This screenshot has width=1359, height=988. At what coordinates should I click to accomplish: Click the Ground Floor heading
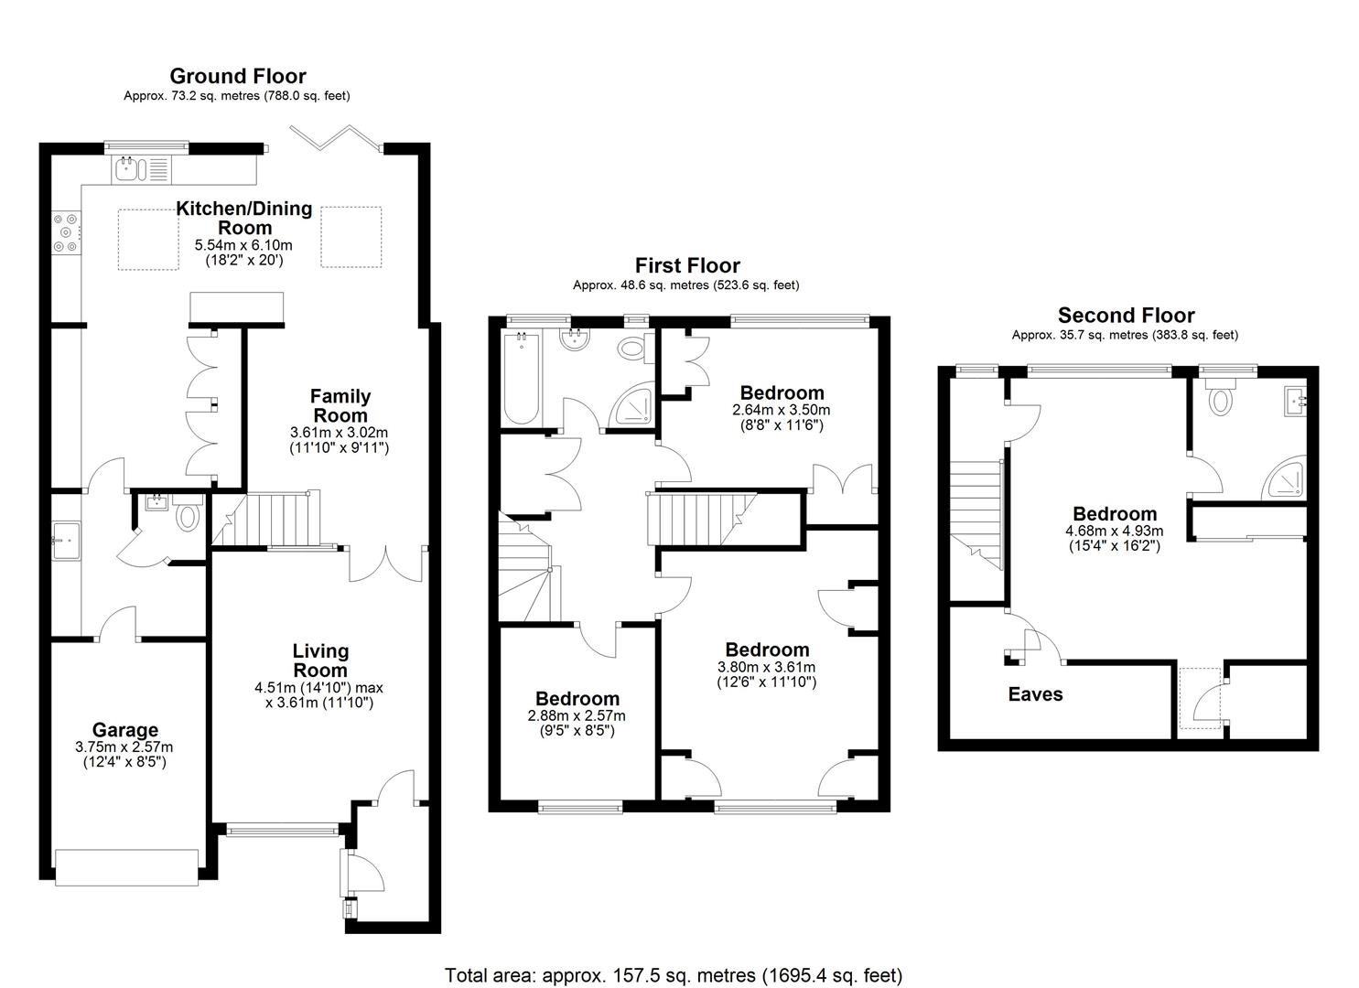click(238, 76)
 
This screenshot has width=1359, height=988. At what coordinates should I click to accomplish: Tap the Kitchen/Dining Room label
click(244, 218)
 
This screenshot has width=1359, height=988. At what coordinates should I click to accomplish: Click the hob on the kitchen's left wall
click(66, 232)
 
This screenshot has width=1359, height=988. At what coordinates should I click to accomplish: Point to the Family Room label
click(340, 405)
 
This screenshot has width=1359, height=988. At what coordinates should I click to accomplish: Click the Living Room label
click(320, 660)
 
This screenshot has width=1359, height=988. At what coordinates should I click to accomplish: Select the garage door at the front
click(126, 866)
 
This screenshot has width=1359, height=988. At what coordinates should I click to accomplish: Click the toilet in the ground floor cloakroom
click(188, 515)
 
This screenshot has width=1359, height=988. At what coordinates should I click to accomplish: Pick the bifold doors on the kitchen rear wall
click(336, 137)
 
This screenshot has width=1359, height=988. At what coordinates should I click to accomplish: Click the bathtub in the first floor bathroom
click(521, 378)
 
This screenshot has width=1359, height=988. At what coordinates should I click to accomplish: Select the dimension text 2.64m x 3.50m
click(781, 410)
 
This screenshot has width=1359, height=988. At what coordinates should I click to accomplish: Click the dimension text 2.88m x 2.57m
click(577, 715)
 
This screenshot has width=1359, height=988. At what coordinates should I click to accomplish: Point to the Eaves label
click(1035, 694)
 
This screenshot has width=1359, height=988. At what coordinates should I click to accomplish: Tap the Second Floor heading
click(1126, 316)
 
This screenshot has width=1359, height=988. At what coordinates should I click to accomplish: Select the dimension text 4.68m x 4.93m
click(1114, 531)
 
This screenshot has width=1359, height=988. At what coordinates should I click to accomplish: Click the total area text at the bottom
click(674, 975)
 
